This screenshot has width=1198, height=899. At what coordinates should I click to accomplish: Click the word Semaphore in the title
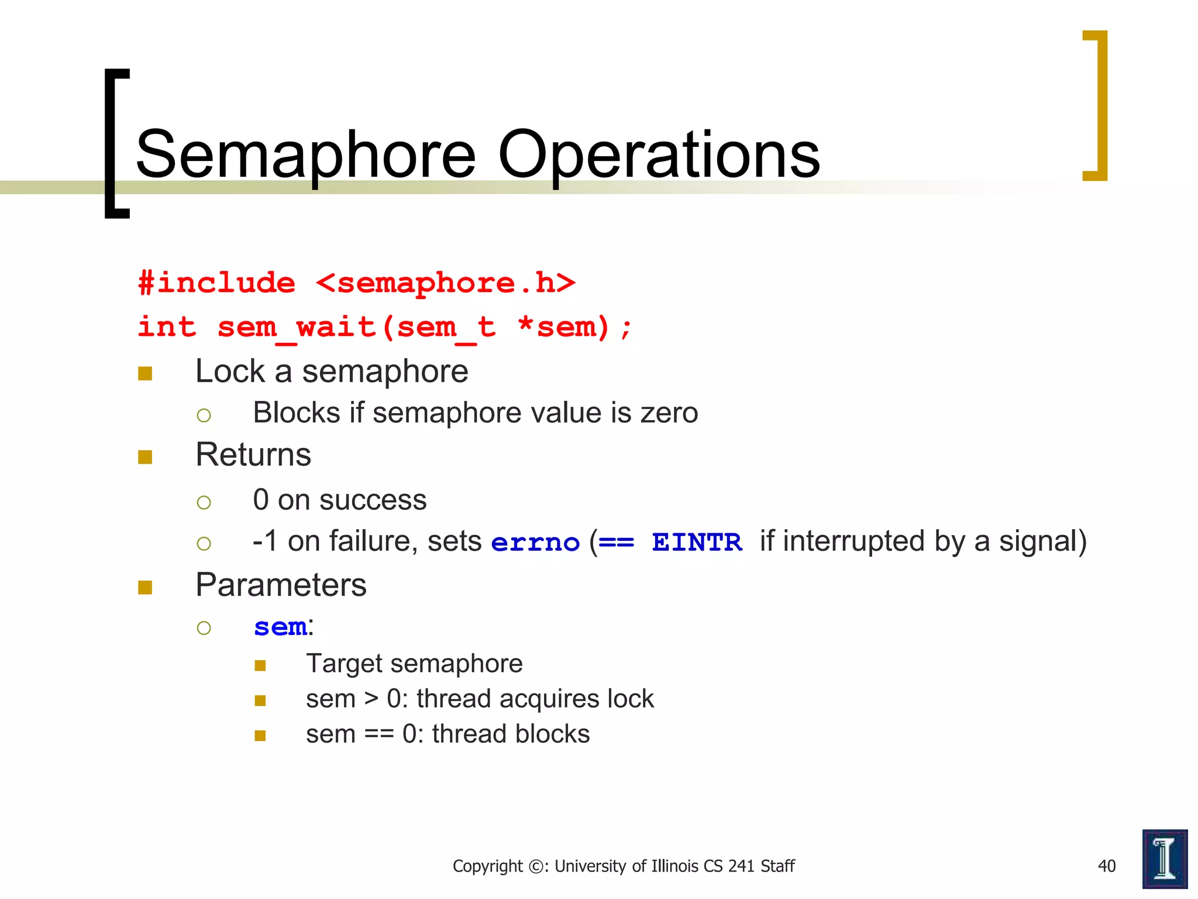305,155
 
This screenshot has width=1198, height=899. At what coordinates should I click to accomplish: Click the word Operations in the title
659,155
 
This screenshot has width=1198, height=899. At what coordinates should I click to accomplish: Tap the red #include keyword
216,283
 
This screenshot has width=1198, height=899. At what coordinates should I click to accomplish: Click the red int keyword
167,327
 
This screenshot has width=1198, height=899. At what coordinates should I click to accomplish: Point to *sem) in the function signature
564,327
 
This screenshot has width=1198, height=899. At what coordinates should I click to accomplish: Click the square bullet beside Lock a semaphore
145,373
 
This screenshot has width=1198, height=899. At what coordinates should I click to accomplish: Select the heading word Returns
253,455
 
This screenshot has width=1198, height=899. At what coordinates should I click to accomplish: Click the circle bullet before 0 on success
204,502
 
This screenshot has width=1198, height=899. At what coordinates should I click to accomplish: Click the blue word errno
535,543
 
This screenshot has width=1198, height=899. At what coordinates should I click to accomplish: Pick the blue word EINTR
697,543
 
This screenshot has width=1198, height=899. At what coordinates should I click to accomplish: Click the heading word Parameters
281,585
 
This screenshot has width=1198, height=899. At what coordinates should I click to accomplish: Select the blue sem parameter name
280,627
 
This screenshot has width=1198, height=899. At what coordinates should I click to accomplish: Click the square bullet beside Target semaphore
260,665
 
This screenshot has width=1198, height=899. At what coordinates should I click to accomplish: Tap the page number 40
1106,866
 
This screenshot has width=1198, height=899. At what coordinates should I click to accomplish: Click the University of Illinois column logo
1164,859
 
